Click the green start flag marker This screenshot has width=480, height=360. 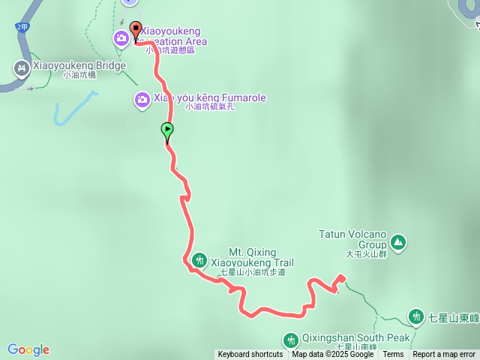(166, 131)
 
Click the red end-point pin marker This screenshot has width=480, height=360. (136, 30)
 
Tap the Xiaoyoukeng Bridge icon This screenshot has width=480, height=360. (20, 68)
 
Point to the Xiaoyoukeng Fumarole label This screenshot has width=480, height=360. (209, 98)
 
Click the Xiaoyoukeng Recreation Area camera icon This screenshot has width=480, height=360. (121, 38)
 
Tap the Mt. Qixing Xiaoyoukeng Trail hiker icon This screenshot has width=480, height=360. (199, 260)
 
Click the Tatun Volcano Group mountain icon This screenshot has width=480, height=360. (398, 241)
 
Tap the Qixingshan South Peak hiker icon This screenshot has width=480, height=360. (292, 340)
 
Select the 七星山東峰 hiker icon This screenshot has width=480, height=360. (417, 317)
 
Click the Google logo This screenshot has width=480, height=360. (28, 349)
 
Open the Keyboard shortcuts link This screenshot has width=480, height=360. (250, 355)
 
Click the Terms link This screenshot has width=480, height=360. (393, 355)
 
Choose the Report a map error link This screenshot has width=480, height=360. (444, 355)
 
